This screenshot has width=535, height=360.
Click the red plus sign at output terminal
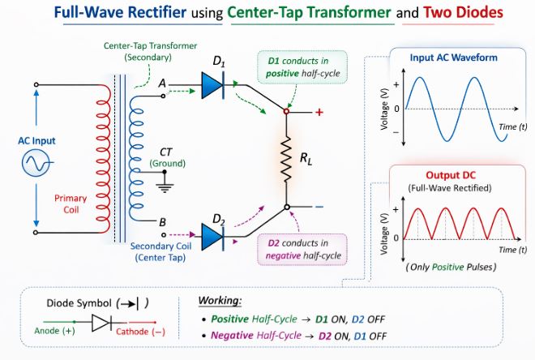pos(319,112)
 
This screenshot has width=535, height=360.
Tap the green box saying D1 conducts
pos(301,67)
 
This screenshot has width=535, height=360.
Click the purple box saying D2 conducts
pos(301,249)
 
